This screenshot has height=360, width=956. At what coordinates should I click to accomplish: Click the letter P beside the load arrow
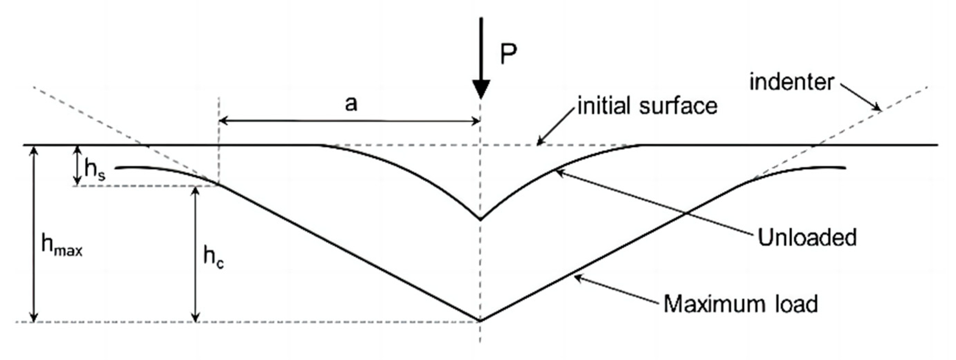click(x=508, y=55)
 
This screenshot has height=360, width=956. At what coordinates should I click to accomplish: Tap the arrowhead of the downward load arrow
click(x=481, y=89)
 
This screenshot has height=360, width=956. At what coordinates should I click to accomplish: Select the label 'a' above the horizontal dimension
click(x=351, y=104)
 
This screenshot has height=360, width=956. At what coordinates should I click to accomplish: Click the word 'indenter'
click(x=792, y=82)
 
